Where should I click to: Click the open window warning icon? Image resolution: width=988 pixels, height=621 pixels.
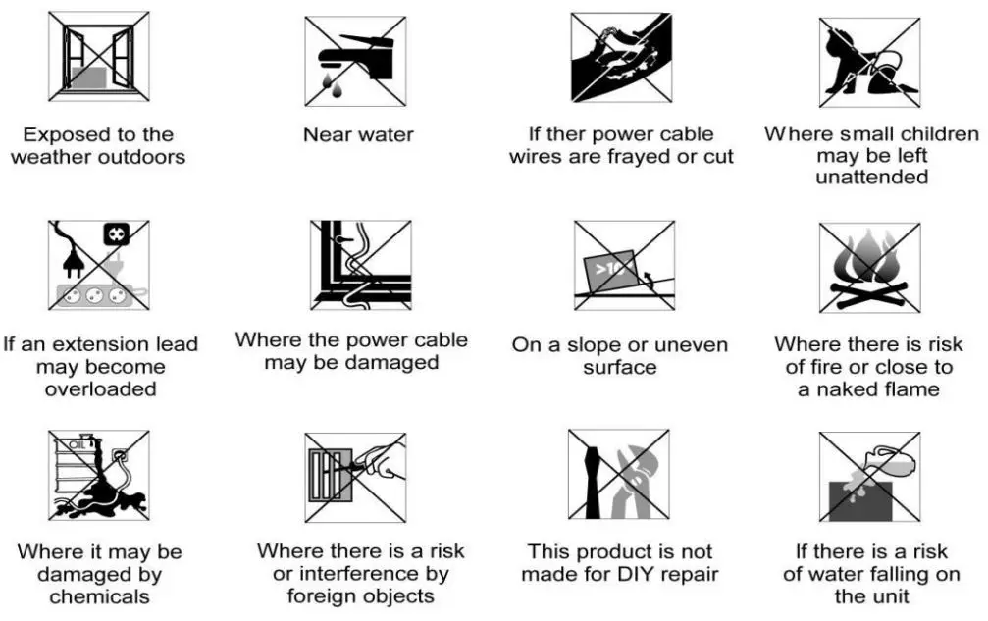[x=98, y=56]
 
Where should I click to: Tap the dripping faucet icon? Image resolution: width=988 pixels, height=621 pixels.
[x=354, y=61]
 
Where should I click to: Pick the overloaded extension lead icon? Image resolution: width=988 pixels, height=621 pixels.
[x=98, y=265]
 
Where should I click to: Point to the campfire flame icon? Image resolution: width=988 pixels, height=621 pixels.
[x=869, y=267]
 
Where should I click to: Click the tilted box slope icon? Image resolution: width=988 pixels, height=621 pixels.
[x=624, y=265]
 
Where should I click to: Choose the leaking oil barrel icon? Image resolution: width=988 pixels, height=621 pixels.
[x=98, y=475]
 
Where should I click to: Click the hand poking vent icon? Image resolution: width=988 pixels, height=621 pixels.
[x=354, y=475]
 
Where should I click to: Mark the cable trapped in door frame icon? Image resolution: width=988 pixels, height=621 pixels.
[x=360, y=265]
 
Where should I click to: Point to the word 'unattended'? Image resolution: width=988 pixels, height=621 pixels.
[x=871, y=178]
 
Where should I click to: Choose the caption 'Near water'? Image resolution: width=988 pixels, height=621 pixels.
[x=358, y=134]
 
